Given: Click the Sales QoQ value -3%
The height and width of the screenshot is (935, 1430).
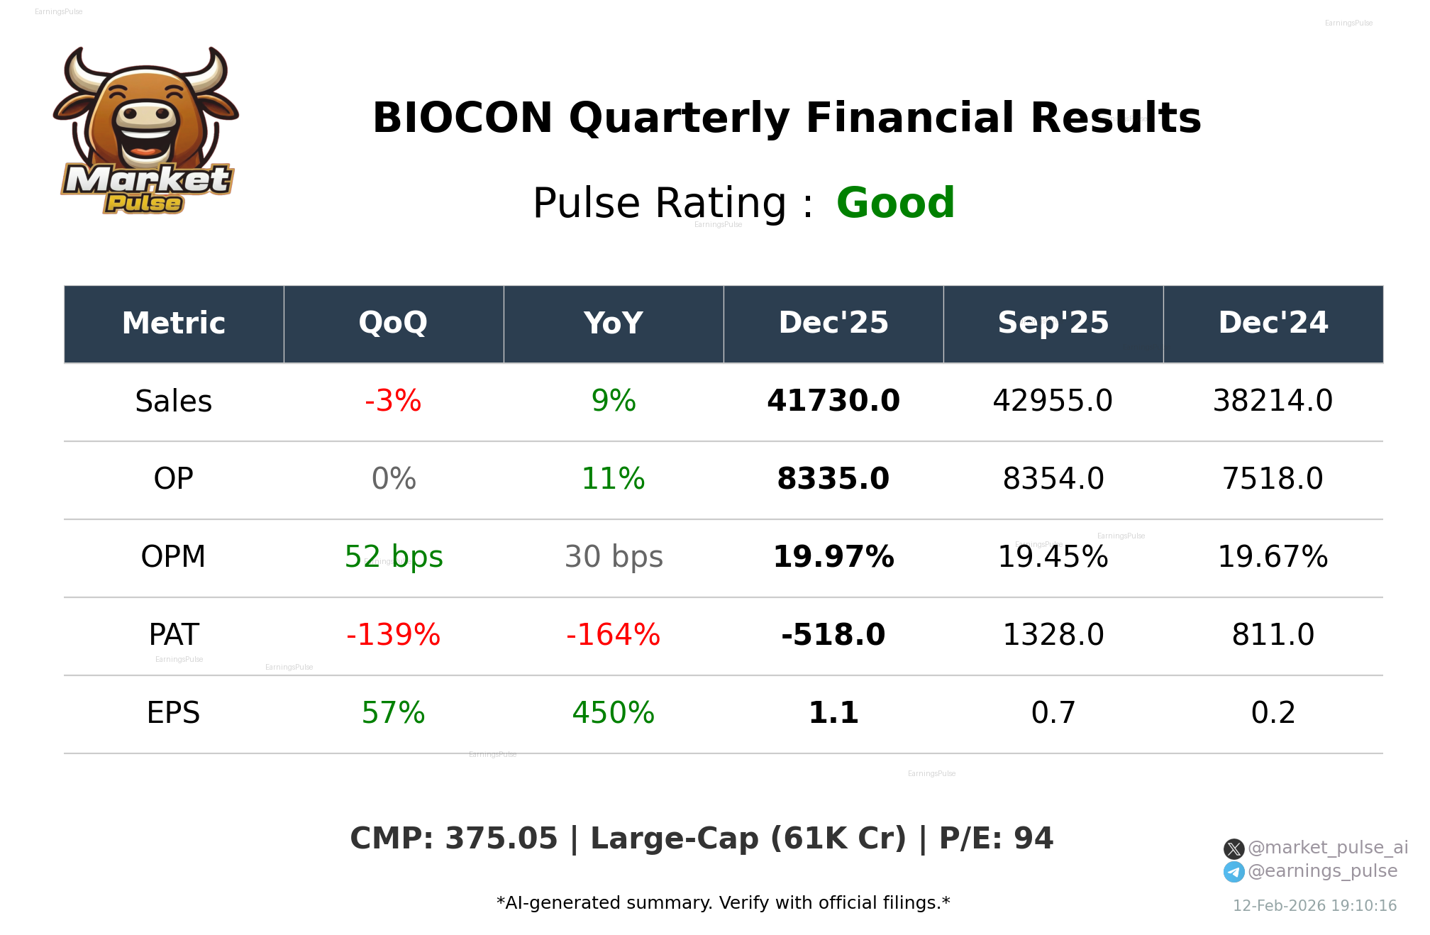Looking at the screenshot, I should (393, 402).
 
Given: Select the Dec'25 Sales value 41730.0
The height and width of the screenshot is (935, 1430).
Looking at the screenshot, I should (833, 402).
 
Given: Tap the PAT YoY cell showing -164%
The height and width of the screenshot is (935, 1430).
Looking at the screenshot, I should (613, 635).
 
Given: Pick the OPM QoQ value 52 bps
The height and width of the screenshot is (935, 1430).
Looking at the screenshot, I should (394, 557).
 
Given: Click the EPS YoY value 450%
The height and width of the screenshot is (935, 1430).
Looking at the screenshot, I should (613, 713).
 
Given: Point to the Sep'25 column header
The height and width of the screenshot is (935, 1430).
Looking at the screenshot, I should (1053, 323).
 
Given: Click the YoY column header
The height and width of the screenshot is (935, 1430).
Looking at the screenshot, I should (613, 323).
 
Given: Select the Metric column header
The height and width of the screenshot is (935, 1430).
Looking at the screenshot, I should (174, 323).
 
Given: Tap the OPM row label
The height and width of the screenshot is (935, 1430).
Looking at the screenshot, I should (174, 557).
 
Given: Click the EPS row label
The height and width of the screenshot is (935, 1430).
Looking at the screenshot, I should (174, 713).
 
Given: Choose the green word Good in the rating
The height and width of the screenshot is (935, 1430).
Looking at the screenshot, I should (895, 204).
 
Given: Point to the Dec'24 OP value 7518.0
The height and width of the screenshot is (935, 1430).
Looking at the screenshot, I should (1273, 479).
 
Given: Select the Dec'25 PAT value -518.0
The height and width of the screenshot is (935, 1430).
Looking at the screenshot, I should (833, 635).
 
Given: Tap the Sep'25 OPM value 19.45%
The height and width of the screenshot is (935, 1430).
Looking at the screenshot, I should (1053, 557).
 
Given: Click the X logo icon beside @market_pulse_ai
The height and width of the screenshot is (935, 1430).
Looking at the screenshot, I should (1234, 848).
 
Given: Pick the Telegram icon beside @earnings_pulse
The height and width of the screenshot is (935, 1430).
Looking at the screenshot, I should (1234, 872).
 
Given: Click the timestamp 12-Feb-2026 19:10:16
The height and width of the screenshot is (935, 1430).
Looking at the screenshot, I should (1314, 906).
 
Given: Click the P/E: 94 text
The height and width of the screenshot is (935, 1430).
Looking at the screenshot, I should (996, 839).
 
